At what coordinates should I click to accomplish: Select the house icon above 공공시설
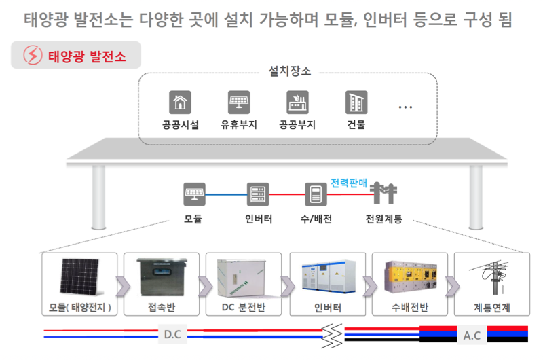pos(180,103)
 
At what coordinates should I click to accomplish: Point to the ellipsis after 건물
pos(405,107)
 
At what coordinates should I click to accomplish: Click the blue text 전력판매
pos(349,183)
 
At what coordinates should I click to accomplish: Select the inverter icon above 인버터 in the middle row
pos(258,194)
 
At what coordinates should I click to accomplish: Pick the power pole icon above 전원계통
pos(383,194)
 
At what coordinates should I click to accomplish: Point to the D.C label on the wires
pos(172,334)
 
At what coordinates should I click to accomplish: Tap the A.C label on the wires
pos(472,335)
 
